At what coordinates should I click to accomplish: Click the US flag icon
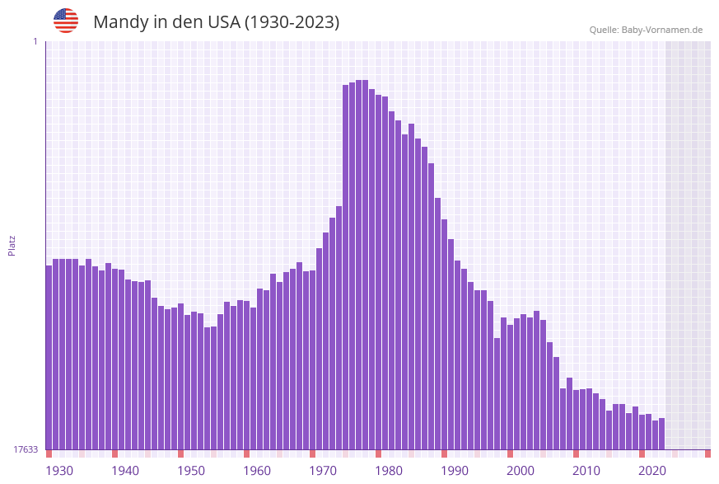coord(66,21)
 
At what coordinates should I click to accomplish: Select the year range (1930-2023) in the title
coord(292,22)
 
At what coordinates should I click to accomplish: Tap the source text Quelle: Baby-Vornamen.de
coord(646,30)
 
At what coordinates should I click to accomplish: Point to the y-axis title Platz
coord(12,245)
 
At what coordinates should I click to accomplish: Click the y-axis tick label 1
coord(35,41)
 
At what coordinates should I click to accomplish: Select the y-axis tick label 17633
coord(26,449)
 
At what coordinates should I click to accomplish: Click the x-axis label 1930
coord(58,471)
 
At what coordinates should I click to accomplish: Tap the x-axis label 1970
coord(323,471)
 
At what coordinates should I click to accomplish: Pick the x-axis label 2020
coord(652,471)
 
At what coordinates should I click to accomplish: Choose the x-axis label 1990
coord(455,471)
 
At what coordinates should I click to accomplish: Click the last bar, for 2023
coord(661,434)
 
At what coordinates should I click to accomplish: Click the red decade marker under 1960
coord(246,453)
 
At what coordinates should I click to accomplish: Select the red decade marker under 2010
coord(576,453)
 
